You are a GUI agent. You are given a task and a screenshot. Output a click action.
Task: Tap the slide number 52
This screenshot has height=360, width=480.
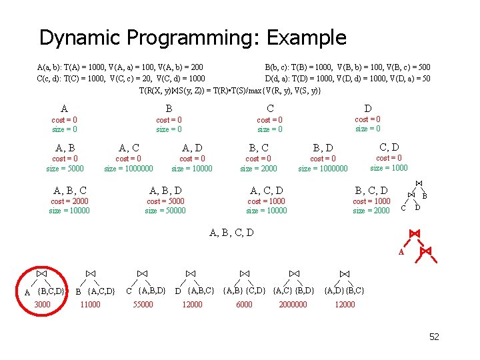coord(434,337)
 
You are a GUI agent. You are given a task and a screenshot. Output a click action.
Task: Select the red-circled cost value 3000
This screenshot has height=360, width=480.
coord(42,305)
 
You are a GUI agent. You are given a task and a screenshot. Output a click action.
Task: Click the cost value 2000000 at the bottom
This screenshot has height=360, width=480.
coord(293,305)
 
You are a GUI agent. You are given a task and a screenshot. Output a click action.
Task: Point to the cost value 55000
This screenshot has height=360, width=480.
coord(143,305)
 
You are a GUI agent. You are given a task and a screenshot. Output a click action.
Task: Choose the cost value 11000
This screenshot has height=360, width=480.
coord(89,305)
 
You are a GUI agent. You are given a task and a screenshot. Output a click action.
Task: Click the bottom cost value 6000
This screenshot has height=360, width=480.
coord(244,305)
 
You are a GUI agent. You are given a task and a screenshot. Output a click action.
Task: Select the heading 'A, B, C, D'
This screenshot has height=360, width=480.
coord(231,233)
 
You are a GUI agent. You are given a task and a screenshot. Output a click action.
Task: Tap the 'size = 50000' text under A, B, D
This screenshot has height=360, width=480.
coord(165,211)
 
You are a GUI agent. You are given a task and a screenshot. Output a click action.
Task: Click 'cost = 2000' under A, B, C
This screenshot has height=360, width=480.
coord(69,201)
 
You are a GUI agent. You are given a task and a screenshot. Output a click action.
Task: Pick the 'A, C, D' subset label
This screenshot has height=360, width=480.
coord(266,191)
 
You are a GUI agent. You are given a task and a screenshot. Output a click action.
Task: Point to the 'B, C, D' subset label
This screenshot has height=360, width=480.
coord(371,191)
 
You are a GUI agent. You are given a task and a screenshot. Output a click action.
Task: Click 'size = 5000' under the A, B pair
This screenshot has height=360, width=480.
coord(65,169)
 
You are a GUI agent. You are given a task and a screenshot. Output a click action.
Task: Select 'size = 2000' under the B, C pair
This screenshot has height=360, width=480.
coord(259,169)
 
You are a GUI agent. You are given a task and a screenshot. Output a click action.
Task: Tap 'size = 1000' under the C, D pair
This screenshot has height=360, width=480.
coord(389,168)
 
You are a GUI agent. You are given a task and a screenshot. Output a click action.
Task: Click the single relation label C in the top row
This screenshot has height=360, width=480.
coord(270,108)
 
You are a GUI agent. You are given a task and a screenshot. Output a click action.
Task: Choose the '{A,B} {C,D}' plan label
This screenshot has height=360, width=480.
coord(244,290)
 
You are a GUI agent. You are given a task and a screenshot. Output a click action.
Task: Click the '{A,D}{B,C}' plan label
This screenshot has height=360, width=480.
coord(344,290)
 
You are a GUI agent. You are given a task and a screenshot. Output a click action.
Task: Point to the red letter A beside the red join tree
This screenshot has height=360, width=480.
coord(401,253)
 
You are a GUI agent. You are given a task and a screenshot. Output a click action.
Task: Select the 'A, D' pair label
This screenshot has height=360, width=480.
coord(192,147)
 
